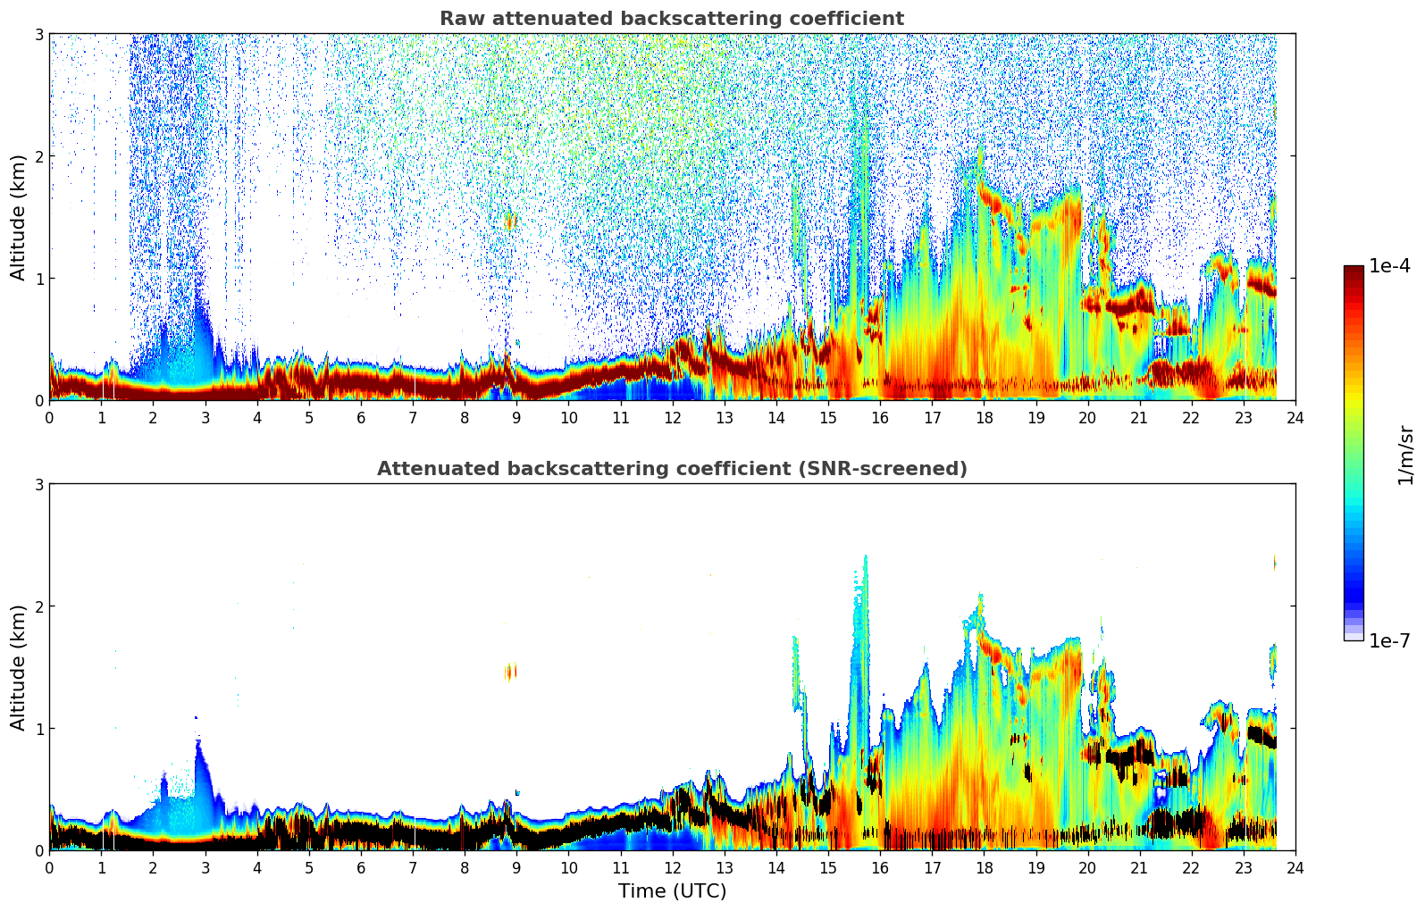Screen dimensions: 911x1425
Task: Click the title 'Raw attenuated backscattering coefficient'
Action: click(x=671, y=19)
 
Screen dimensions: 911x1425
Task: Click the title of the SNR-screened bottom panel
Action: click(x=671, y=469)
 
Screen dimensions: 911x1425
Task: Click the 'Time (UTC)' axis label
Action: click(x=672, y=891)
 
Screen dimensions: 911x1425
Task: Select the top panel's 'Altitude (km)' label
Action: click(x=18, y=217)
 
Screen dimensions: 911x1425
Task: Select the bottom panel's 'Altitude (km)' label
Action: click(x=18, y=667)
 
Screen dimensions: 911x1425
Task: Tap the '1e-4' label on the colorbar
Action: click(x=1389, y=266)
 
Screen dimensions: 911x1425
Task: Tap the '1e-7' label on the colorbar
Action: click(x=1389, y=641)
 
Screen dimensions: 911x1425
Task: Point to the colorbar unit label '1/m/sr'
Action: click(x=1405, y=455)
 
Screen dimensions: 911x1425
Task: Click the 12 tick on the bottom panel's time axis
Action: click(x=672, y=868)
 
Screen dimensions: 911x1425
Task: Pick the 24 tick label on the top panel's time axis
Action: click(x=1295, y=418)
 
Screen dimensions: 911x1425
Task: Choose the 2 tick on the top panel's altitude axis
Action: click(x=38, y=156)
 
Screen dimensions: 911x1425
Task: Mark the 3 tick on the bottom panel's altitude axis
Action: click(x=38, y=484)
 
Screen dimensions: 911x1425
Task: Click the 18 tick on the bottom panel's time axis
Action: click(x=984, y=868)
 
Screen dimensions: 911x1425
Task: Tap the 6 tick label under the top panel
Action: click(x=361, y=418)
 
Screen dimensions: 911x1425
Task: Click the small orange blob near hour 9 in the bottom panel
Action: click(x=511, y=671)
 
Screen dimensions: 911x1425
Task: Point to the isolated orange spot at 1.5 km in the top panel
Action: click(x=511, y=220)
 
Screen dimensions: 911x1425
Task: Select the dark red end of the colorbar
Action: click(x=1353, y=272)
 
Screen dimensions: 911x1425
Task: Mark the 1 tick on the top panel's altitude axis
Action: click(x=38, y=279)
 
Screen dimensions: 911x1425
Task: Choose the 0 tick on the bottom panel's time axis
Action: click(x=49, y=868)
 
